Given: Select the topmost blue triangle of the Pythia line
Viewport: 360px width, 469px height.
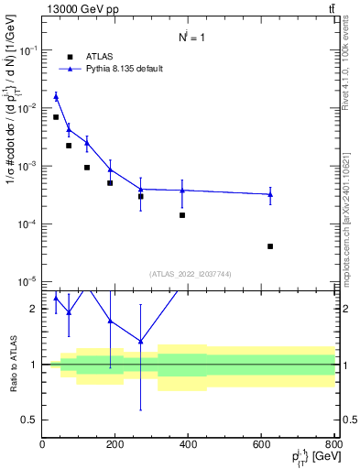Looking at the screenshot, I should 56,96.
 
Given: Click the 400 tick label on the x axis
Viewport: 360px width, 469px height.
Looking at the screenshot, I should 189,445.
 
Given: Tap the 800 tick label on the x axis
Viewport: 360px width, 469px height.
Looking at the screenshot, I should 333,445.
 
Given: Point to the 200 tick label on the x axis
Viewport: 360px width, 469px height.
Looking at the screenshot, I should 115,445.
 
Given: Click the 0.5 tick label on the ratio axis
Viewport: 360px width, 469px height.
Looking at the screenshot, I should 29,420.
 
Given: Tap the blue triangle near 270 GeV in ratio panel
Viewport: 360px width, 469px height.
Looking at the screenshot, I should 140,341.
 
